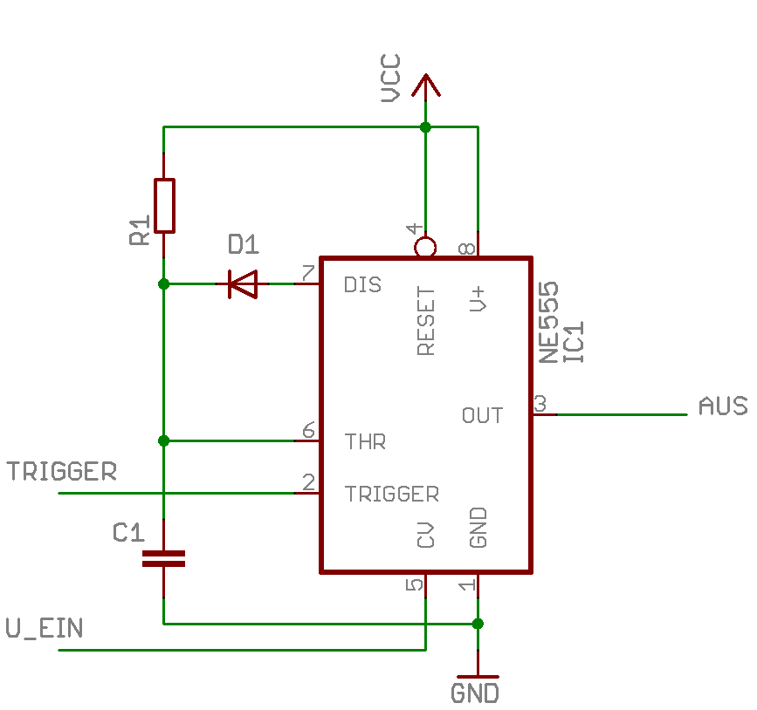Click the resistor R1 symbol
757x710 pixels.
point(164,206)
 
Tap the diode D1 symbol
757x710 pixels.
point(243,284)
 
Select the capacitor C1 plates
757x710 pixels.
point(163,558)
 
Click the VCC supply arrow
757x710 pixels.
point(426,85)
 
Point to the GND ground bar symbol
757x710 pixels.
point(478,677)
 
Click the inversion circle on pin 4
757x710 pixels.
point(425,248)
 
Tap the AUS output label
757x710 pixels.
point(723,406)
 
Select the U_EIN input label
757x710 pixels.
point(45,629)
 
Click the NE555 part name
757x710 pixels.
point(549,322)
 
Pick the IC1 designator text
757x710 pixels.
point(575,342)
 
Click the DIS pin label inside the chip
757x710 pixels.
point(362,285)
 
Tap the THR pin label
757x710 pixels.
point(365,442)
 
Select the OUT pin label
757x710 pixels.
point(482,415)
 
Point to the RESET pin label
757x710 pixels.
point(426,321)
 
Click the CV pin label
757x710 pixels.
point(425,535)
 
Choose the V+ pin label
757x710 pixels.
point(478,299)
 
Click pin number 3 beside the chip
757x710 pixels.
point(540,403)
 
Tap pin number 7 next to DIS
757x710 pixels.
point(308,273)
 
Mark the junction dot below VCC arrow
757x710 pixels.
point(425,127)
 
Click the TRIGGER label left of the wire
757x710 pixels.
point(61,471)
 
